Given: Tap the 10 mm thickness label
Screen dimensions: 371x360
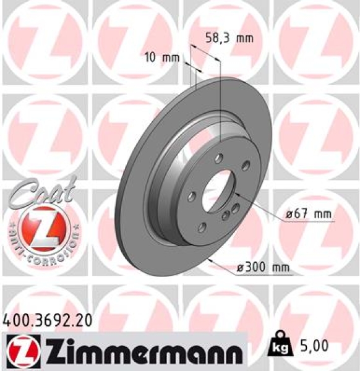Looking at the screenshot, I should (161, 59).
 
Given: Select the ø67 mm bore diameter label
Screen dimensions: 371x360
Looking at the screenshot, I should (308, 214).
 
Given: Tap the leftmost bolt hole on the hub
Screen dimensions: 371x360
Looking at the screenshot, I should (192, 197).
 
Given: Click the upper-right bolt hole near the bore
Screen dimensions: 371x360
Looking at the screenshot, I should (246, 164).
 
